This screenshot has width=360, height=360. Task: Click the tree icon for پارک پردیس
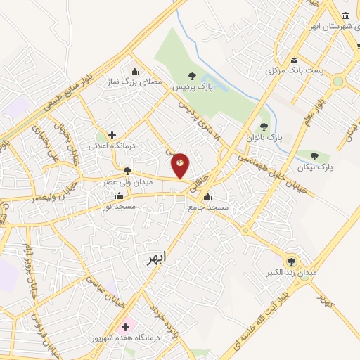point(192,76)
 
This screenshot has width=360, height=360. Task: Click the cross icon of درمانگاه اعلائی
point(111,134)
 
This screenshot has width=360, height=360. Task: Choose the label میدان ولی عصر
point(129,182)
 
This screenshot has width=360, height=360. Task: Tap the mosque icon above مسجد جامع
point(206,196)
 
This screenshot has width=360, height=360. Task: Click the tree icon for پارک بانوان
point(264,127)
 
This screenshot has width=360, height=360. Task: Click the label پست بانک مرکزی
point(293,71)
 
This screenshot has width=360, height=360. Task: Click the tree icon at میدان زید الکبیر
point(291,261)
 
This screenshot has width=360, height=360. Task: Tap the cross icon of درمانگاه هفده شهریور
point(126,327)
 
